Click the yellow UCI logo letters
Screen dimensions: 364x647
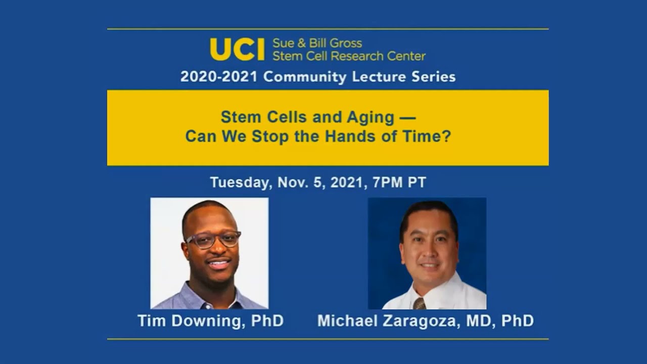pos(237,49)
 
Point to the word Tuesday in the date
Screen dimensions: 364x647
pos(240,183)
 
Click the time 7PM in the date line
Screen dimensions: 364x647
pos(389,183)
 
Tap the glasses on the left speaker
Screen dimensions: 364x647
pos(213,239)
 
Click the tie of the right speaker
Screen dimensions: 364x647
pos(419,303)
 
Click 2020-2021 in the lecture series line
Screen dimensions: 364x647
pos(219,77)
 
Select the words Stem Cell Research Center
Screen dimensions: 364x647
pos(349,56)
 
